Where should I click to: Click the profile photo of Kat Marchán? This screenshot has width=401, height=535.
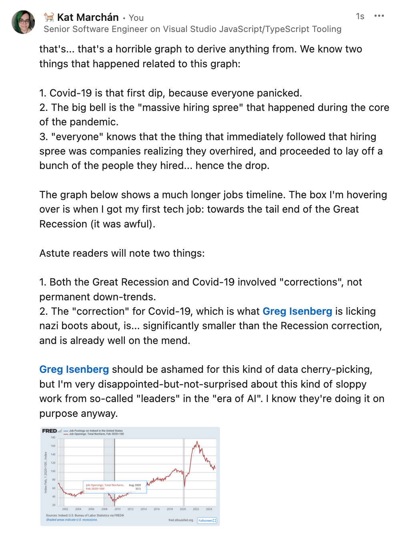coord(23,22)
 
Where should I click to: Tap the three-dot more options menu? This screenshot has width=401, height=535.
coord(379,16)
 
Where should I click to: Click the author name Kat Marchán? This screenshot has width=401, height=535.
coord(88,17)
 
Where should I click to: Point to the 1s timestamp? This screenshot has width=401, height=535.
coord(360,16)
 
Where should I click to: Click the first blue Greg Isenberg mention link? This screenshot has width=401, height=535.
coord(297,311)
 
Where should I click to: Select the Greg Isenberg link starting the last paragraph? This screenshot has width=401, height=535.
coord(74,369)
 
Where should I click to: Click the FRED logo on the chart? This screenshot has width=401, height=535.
coord(50,431)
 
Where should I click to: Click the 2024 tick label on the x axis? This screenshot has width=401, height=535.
coord(209,509)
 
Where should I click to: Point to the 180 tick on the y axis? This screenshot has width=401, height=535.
coord(53,437)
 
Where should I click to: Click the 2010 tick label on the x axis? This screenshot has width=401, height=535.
coord(117,509)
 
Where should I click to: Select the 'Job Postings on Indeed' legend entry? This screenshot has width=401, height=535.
coord(96,431)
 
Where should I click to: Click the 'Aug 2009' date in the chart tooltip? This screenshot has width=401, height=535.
coord(135,485)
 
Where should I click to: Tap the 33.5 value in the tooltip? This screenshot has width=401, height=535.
coord(138,489)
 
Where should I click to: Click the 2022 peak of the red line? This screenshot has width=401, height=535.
coord(197,442)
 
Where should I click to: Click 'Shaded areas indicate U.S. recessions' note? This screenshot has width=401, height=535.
coord(72,520)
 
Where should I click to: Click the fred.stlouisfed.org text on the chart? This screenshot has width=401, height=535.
coord(180,520)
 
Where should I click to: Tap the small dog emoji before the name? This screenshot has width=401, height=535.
coord(49,17)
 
